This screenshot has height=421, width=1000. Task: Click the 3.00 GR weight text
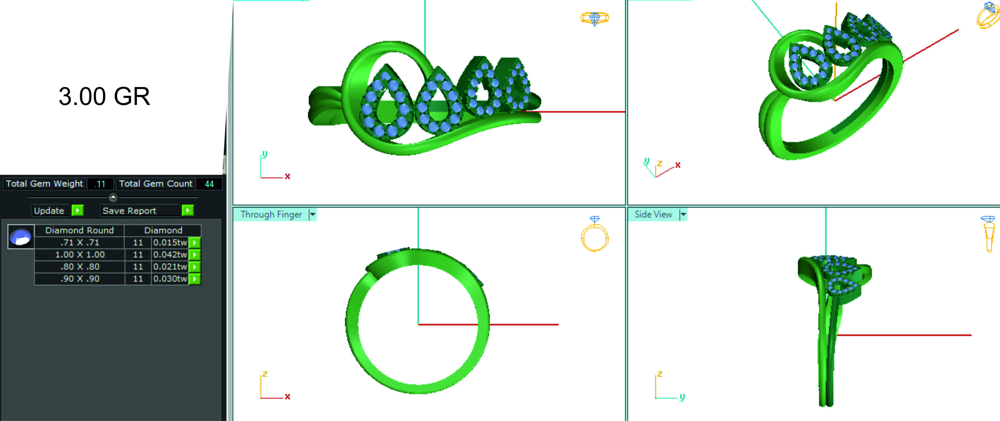click(104, 96)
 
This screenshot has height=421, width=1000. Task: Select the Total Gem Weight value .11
click(100, 184)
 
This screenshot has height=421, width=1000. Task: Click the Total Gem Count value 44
click(209, 184)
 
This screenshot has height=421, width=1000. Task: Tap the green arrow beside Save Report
click(187, 210)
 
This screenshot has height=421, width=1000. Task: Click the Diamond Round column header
click(79, 230)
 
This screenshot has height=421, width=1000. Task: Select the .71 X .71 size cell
click(79, 242)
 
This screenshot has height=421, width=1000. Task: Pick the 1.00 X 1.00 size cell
click(79, 255)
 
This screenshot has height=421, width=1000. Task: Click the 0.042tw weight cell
click(170, 255)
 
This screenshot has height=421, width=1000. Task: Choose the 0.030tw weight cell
click(170, 279)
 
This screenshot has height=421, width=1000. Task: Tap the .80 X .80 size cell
click(79, 267)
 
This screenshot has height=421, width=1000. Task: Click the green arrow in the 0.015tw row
click(194, 242)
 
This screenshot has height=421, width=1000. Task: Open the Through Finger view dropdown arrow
click(312, 214)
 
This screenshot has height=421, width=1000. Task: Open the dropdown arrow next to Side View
click(683, 214)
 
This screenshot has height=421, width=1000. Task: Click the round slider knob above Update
click(113, 197)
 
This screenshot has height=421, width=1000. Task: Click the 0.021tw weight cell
click(170, 267)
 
